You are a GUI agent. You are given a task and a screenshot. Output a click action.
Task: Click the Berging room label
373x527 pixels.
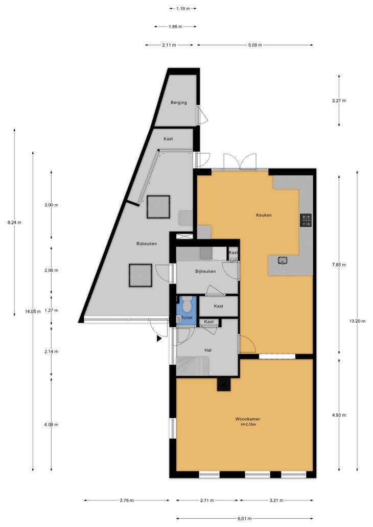(179, 103)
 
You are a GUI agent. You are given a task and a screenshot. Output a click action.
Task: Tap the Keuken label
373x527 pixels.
(264, 215)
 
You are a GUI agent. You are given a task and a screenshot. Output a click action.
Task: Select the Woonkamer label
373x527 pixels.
(247, 419)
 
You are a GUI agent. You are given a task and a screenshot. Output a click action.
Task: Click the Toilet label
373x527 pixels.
(186, 318)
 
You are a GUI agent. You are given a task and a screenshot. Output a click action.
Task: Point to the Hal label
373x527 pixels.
(208, 350)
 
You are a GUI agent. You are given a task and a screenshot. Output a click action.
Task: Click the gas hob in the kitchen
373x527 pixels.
(306, 220)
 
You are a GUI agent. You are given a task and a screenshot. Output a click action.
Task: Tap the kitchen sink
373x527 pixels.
(282, 260)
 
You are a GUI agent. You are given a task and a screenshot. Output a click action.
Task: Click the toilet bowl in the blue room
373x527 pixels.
(186, 304)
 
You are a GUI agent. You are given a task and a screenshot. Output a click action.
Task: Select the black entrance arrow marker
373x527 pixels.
(159, 339)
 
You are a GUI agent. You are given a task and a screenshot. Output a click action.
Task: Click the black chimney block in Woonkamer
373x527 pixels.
(224, 384)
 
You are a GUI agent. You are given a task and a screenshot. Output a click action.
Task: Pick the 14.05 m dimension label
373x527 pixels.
(33, 312)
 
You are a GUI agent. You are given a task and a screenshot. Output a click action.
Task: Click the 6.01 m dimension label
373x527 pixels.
(245, 519)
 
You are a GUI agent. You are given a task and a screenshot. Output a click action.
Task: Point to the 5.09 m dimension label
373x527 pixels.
(255, 45)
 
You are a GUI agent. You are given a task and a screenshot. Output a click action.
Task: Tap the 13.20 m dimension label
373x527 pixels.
(357, 321)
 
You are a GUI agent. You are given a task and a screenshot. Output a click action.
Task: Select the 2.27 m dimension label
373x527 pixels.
(339, 101)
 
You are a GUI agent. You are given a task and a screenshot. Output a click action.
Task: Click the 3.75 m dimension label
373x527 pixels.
(127, 500)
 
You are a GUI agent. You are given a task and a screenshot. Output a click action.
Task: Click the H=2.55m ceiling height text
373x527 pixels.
(248, 424)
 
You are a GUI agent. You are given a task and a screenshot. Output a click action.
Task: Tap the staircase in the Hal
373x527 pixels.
(193, 366)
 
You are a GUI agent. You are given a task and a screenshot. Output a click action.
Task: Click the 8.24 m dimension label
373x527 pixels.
(14, 223)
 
